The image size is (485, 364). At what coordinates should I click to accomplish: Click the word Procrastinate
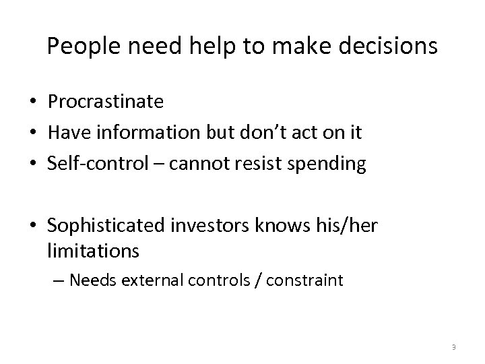(106, 102)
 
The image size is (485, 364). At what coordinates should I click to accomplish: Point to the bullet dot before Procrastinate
(32, 102)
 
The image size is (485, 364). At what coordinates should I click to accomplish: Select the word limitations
(94, 251)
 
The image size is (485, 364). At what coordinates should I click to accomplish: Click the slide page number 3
(454, 347)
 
